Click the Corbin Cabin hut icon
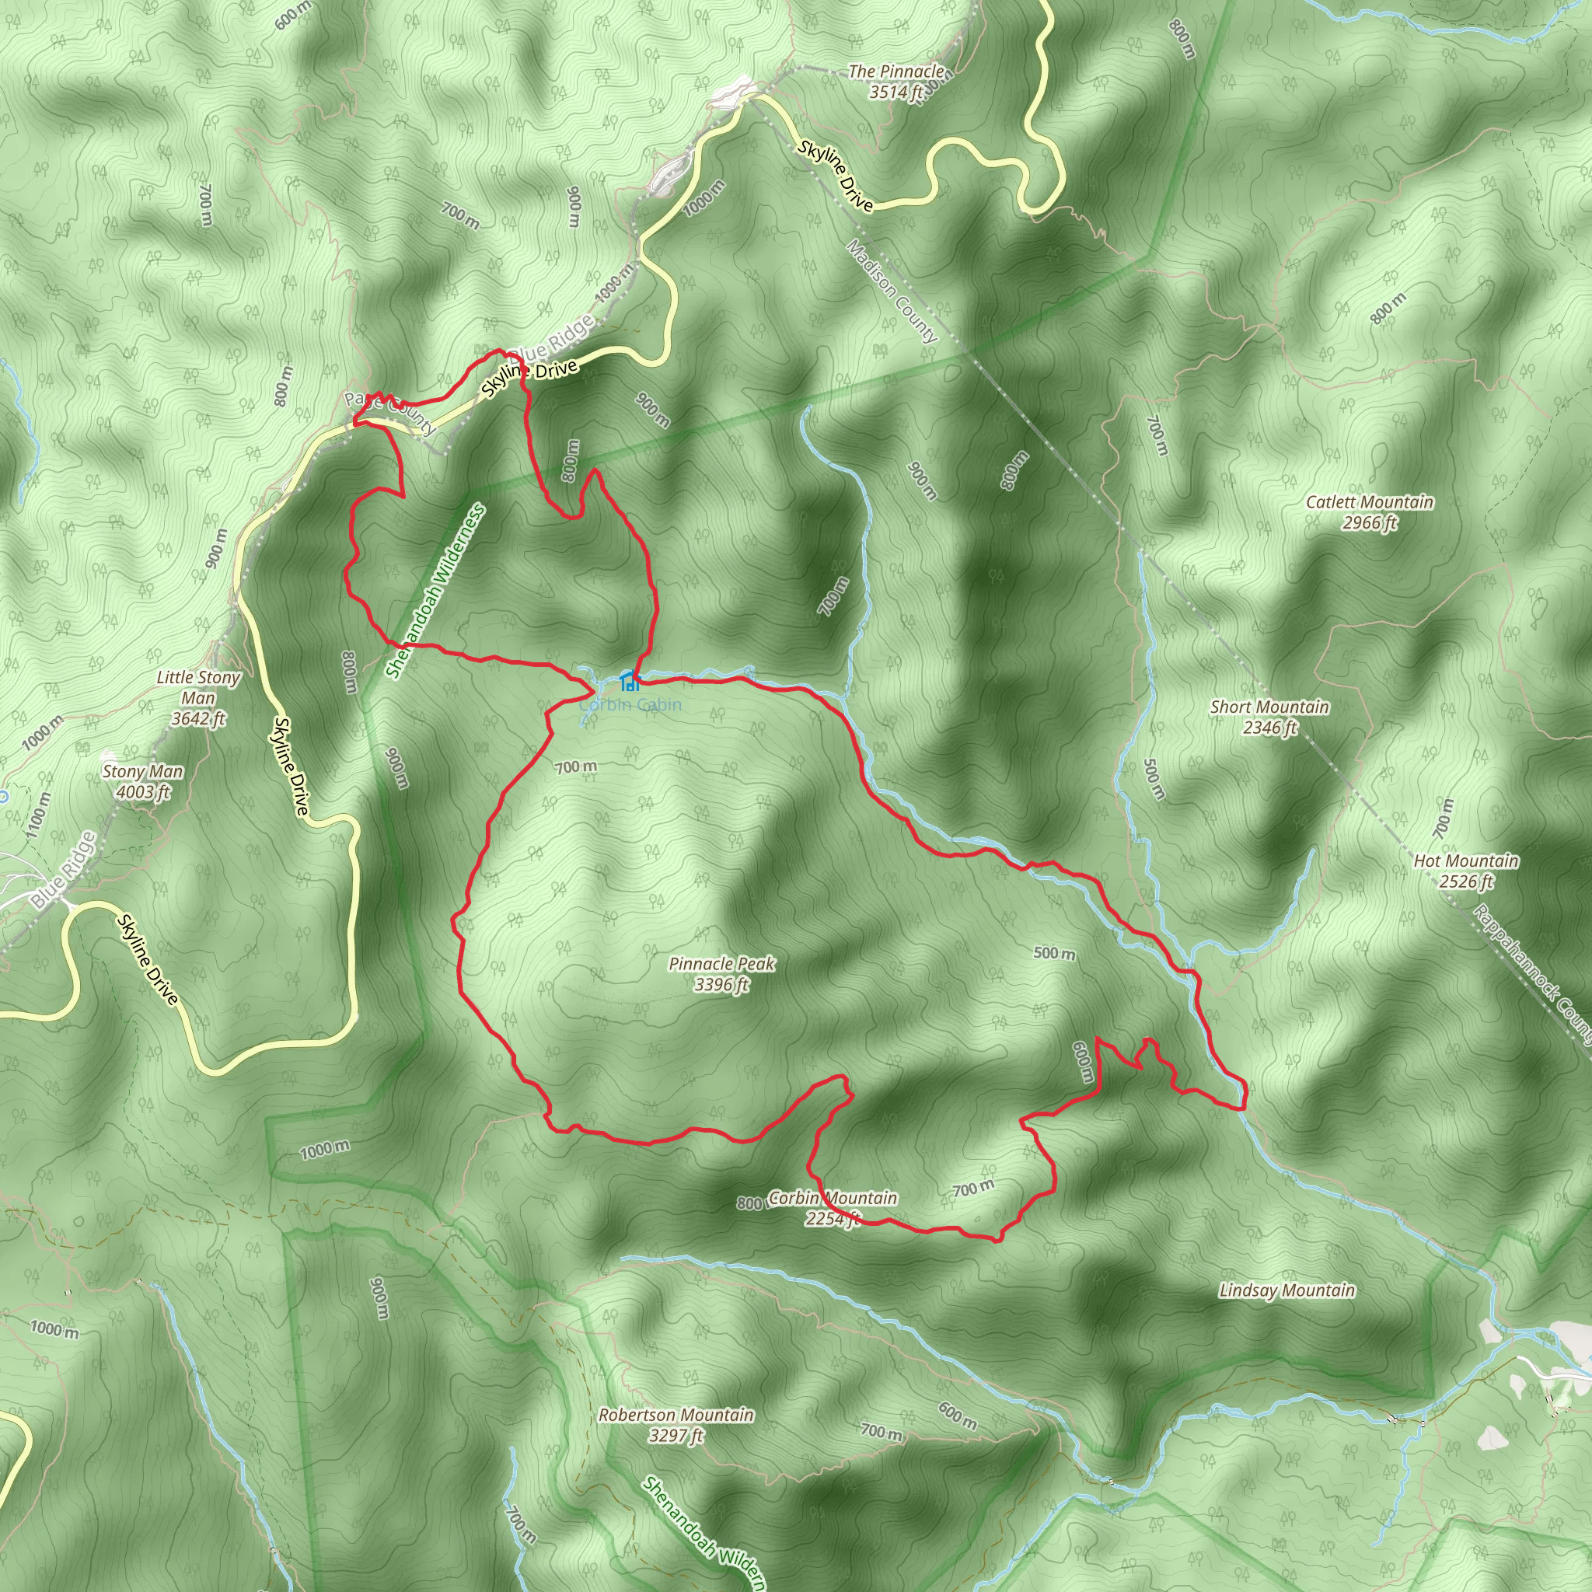point(629,681)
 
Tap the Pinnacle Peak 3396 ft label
point(722,973)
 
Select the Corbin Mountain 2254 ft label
point(833,1207)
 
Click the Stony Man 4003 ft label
point(142,781)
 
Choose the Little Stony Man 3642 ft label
point(198,697)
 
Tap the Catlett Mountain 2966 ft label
point(1370,511)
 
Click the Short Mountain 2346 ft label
point(1269,717)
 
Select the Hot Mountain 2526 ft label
point(1466,871)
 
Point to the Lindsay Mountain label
point(1287,1290)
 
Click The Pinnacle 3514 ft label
point(896,82)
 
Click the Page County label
point(389,411)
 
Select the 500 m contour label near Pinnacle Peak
point(1054,953)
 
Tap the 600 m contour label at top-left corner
point(292,14)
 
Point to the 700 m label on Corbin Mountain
point(973,1189)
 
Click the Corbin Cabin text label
point(630,704)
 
